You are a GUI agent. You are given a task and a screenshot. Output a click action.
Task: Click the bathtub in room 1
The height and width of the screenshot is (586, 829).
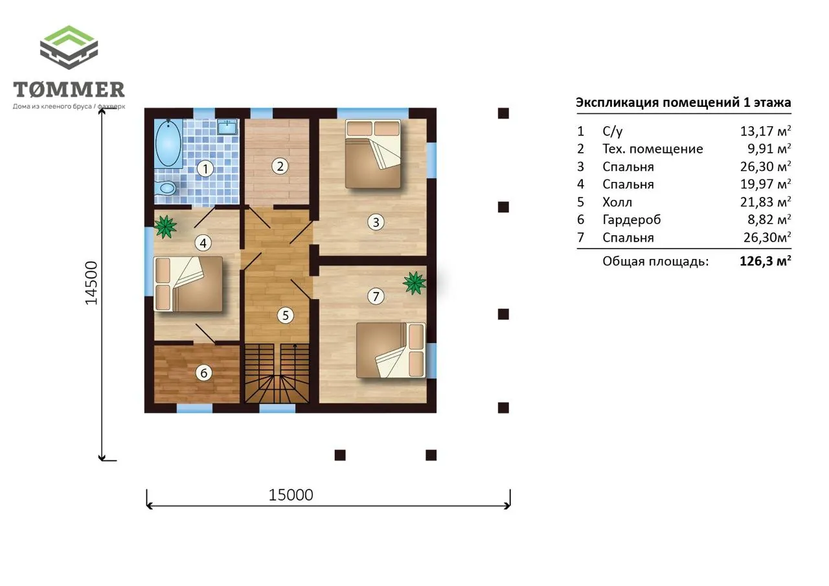click(168, 143)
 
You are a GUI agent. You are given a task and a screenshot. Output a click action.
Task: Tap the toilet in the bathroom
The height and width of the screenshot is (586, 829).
click(165, 188)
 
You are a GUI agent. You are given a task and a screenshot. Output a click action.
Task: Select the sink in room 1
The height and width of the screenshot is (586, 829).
click(227, 126)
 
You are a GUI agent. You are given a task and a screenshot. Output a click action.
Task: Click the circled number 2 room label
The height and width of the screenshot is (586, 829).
click(280, 166)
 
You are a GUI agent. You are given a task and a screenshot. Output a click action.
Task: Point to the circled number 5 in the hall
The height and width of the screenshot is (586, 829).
click(286, 315)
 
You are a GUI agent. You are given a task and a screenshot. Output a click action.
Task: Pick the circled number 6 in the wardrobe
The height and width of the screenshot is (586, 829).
click(203, 373)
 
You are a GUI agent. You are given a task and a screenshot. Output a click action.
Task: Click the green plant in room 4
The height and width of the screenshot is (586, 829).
click(165, 226)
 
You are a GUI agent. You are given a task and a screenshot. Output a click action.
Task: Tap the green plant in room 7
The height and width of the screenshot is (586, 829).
click(414, 283)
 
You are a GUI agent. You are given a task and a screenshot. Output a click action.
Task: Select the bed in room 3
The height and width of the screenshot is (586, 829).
click(373, 153)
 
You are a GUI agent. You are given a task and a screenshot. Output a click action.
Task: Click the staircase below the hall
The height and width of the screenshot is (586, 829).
click(277, 373)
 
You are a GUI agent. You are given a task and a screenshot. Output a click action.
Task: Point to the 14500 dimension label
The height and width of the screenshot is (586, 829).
click(91, 283)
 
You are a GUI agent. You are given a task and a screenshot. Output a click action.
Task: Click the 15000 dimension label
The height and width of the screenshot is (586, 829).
click(291, 495)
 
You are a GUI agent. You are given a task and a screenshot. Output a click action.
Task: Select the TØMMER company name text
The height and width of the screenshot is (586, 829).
click(69, 89)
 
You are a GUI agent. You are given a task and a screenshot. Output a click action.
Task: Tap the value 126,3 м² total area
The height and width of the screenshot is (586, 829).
click(766, 260)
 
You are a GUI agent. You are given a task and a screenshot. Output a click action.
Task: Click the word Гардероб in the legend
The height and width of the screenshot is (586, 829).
click(631, 220)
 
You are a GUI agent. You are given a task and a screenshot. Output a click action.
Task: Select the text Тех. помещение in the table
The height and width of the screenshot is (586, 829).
click(653, 149)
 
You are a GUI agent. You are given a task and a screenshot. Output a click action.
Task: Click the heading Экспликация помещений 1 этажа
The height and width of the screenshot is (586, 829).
click(683, 102)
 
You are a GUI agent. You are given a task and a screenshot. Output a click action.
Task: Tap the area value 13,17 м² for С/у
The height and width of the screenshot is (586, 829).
click(766, 131)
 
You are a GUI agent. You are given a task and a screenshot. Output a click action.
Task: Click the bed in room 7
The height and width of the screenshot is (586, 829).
click(391, 350)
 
